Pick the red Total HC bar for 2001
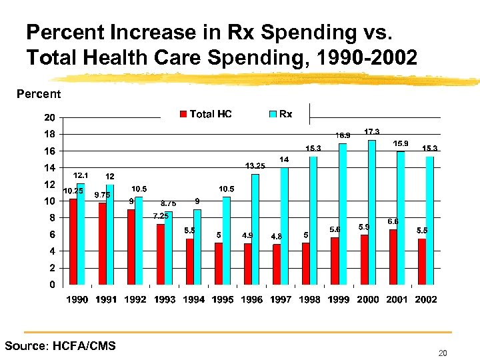click(393, 257)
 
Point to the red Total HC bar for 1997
click(277, 264)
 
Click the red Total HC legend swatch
click(183, 114)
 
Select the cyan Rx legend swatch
click(272, 114)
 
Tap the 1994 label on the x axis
click(193, 299)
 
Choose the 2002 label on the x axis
click(426, 299)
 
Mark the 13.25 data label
click(255, 165)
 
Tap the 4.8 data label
click(276, 236)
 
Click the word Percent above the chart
click(38, 94)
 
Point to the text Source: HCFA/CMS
click(60, 345)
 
